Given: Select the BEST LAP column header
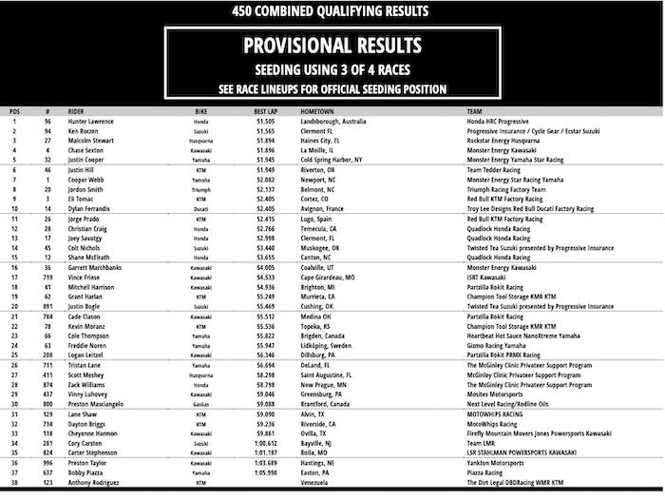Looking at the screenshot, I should (265, 111).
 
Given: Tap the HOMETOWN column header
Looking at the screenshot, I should (320, 111).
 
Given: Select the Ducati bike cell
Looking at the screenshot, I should (201, 207).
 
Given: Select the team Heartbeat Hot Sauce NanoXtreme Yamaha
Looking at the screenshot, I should (514, 336).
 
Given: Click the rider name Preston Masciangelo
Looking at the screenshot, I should (104, 404).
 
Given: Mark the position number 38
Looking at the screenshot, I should (13, 484).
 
